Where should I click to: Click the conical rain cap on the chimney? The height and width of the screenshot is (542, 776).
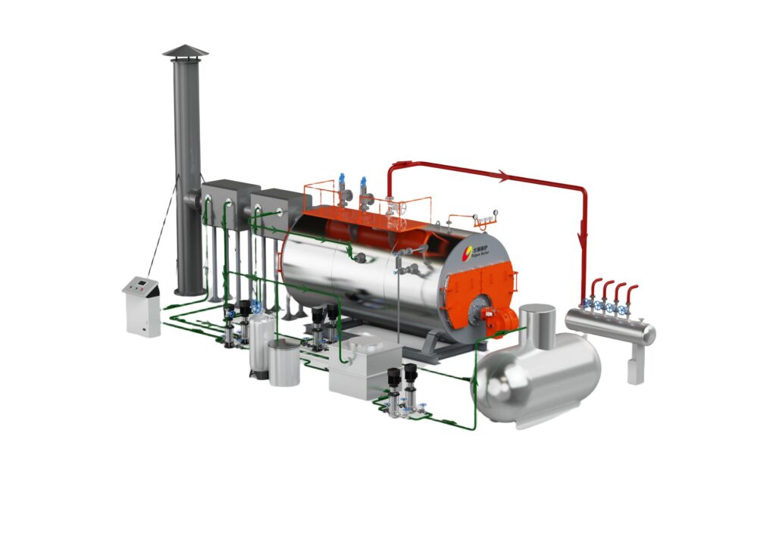(x=185, y=51)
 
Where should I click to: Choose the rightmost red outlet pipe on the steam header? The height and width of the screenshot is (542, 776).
(x=630, y=294)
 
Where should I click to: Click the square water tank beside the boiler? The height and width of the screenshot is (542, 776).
(x=365, y=369)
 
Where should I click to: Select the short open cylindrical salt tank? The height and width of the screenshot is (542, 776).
(x=284, y=363)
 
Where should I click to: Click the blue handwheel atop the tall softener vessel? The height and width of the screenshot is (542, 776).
(x=256, y=307)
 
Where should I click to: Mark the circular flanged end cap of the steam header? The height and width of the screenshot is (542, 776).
(x=649, y=334)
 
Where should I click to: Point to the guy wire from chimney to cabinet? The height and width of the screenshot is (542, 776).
(x=163, y=227)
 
